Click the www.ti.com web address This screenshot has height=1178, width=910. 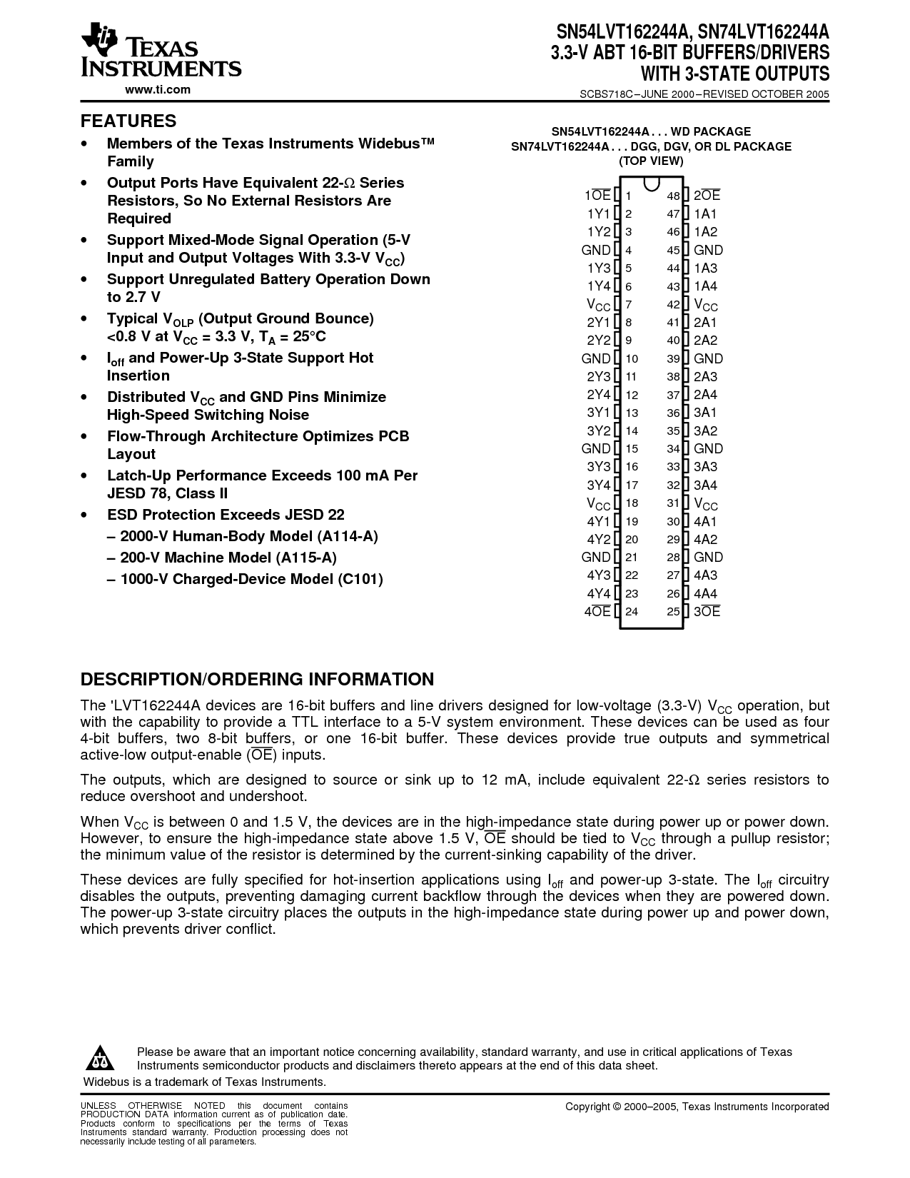click(x=158, y=90)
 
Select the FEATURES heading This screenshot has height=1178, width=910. click(x=128, y=121)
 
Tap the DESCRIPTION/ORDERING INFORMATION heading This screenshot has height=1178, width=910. click(x=257, y=679)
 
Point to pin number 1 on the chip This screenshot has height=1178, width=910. click(x=629, y=196)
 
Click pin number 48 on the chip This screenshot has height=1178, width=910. click(x=673, y=196)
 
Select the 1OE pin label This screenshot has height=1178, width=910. click(x=597, y=196)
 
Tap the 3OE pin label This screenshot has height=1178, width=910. click(x=707, y=612)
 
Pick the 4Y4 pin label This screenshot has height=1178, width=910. click(x=599, y=594)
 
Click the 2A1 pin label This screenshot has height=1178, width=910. click(x=705, y=323)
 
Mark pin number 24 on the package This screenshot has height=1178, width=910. click(x=632, y=612)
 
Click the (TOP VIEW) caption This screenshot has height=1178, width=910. click(x=651, y=161)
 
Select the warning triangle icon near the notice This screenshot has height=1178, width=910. click(x=102, y=1057)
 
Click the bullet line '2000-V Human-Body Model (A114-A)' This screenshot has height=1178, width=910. click(x=243, y=537)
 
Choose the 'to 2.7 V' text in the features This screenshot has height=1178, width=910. click(x=133, y=297)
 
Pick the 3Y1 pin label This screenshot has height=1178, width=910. click(x=599, y=413)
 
